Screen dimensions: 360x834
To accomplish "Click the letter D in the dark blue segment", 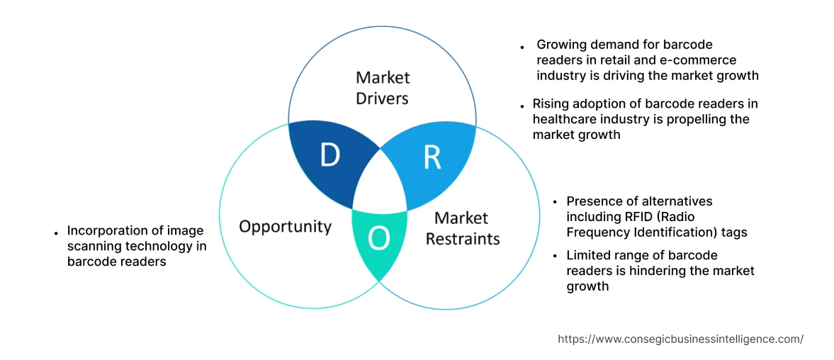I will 329,154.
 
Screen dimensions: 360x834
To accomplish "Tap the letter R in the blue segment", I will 432,158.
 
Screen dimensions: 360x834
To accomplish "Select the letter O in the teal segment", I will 379,240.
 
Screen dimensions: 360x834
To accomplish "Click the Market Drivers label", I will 383,87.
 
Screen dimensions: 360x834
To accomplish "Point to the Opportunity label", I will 285,226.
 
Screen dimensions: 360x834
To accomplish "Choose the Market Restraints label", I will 462,228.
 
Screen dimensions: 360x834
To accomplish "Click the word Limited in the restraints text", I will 587,255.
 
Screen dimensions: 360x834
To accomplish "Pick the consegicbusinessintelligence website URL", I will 680,339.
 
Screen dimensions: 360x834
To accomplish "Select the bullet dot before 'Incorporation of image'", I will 56,232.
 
